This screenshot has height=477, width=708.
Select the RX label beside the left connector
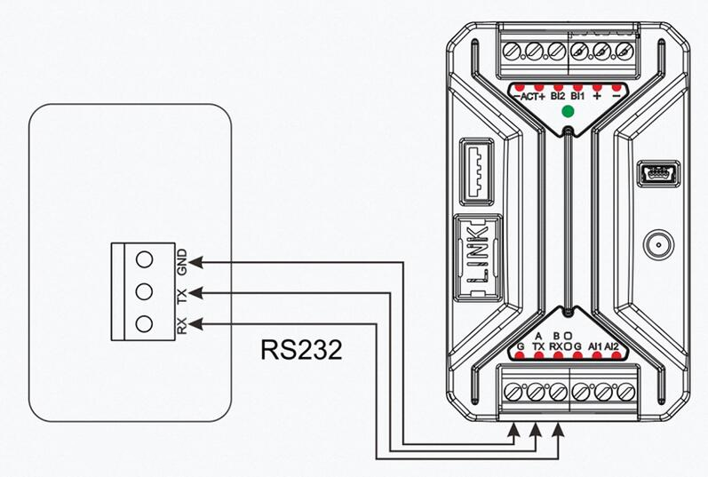(x=182, y=327)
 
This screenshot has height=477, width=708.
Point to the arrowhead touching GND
(x=198, y=262)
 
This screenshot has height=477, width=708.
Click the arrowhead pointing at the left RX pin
(x=198, y=322)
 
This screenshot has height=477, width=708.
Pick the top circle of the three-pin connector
(x=145, y=259)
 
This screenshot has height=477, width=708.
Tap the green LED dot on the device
(x=567, y=113)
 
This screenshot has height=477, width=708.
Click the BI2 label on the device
(x=558, y=95)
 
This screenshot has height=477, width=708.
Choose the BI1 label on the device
(x=579, y=95)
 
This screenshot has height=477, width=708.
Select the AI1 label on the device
(x=595, y=346)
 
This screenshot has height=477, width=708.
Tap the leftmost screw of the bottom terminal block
(x=514, y=391)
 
